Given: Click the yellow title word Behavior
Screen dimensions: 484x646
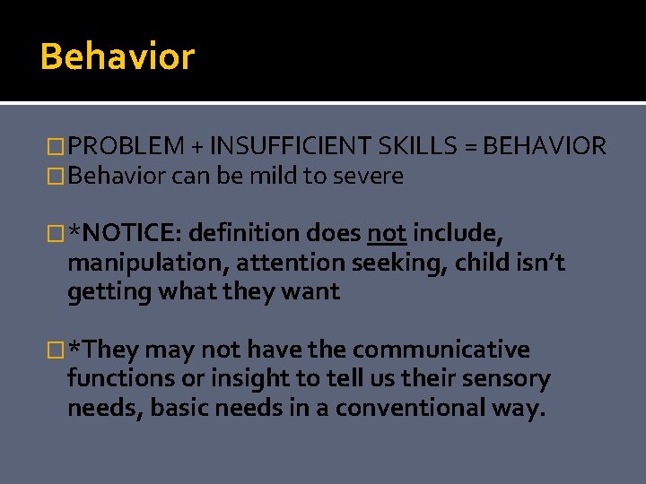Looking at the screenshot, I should tap(117, 56).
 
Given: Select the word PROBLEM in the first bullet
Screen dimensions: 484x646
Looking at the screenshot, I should tap(125, 146).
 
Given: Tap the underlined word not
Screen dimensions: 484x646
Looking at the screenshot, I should tap(387, 234).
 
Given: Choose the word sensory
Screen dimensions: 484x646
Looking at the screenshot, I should tap(504, 379).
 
